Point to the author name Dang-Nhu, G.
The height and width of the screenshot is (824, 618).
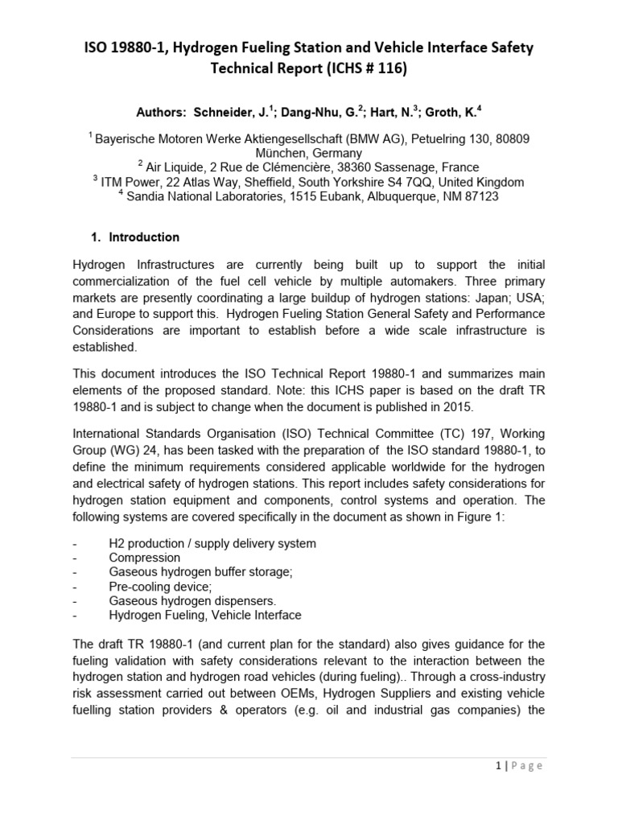314,112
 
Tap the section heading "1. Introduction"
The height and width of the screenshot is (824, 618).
134,237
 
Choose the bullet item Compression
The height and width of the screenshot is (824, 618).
144,558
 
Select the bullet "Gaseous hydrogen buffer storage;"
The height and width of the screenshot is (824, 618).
200,572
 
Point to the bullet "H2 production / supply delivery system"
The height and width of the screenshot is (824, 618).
212,543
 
